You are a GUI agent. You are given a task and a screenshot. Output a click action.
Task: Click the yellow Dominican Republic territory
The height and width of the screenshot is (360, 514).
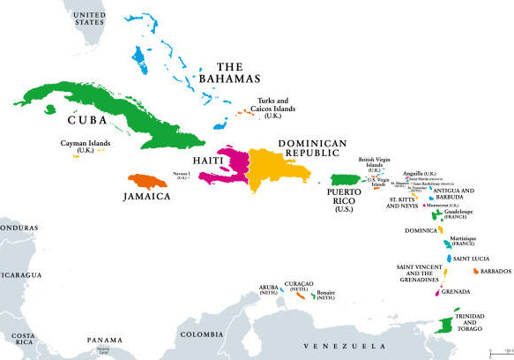273,168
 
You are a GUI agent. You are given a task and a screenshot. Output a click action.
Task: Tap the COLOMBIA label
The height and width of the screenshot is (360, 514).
202,334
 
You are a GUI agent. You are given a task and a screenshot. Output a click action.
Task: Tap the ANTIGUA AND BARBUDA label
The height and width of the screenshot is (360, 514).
456,193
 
